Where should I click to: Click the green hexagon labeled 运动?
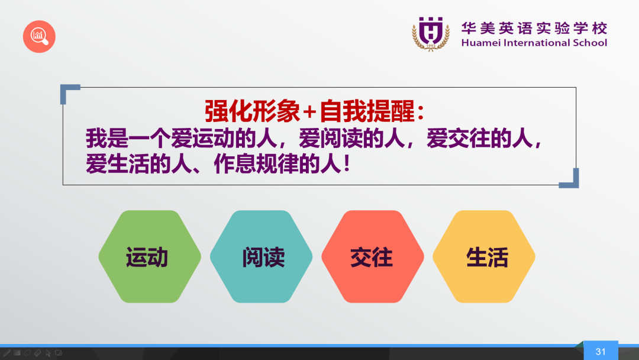(x=150, y=256)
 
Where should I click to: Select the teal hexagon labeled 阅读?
(x=262, y=256)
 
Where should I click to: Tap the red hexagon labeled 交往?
(x=373, y=256)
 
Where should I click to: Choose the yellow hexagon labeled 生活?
(x=484, y=256)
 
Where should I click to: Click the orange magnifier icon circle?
(x=39, y=37)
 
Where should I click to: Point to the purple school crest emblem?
(x=431, y=34)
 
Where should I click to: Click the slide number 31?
(x=601, y=352)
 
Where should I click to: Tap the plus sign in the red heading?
(x=309, y=112)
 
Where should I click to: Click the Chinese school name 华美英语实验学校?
(x=534, y=28)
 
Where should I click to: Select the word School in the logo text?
(x=590, y=43)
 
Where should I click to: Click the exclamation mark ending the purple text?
(x=347, y=163)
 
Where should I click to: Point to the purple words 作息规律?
(x=256, y=164)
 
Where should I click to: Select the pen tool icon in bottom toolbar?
(x=7, y=353)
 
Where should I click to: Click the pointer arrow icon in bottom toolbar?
(x=48, y=353)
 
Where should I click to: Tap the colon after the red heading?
(x=421, y=112)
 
